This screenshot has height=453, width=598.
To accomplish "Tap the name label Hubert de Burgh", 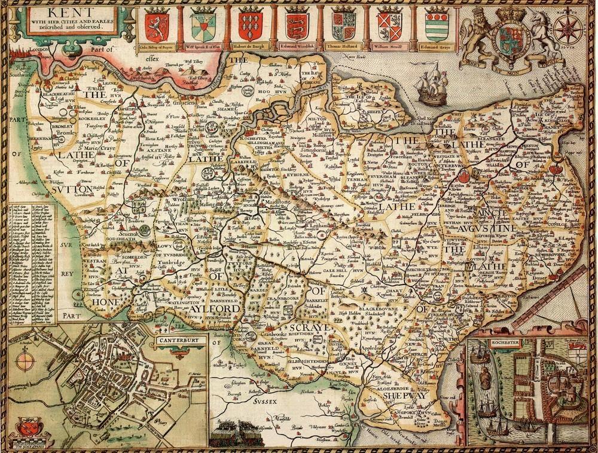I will (250, 46).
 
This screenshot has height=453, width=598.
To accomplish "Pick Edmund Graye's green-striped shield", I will (436, 26).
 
